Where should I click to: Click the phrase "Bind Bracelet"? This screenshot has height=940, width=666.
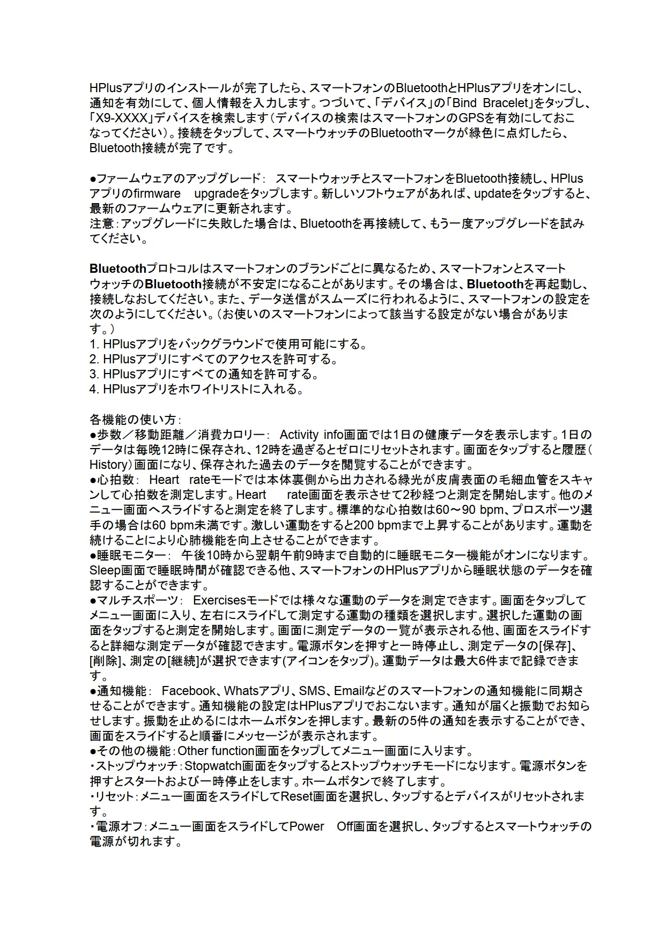tap(492, 102)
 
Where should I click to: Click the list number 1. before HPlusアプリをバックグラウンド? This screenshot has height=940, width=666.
tap(94, 344)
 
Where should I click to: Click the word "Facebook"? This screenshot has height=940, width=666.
tap(188, 690)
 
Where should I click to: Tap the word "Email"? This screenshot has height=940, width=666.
tap(349, 690)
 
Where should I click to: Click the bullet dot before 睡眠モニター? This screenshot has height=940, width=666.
tap(93, 555)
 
